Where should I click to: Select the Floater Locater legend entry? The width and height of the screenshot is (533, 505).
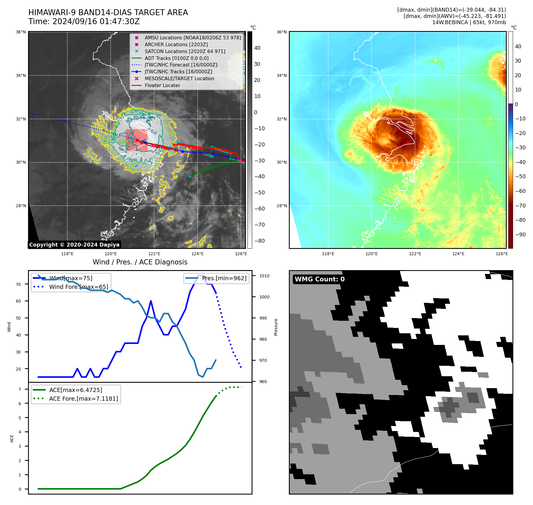[162, 85]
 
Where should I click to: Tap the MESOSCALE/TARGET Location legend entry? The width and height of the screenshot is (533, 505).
[179, 78]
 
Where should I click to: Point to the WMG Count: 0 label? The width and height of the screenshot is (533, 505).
[320, 279]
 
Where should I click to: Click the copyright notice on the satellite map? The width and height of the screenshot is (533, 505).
[74, 245]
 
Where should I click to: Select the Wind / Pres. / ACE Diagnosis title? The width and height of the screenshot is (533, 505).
[140, 262]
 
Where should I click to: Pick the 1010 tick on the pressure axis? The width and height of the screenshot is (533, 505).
[264, 276]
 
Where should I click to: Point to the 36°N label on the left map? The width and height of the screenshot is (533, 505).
[21, 32]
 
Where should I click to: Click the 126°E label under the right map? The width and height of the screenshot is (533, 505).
[502, 254]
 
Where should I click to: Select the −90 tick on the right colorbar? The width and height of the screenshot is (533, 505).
[520, 235]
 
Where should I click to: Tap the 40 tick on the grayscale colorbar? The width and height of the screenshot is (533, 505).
[257, 48]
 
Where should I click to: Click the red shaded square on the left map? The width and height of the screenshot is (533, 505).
[137, 140]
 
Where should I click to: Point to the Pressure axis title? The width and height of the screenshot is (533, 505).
[276, 327]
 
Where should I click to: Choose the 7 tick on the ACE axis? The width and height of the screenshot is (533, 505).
[20, 389]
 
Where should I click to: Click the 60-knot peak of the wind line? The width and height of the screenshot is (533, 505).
[151, 301]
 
